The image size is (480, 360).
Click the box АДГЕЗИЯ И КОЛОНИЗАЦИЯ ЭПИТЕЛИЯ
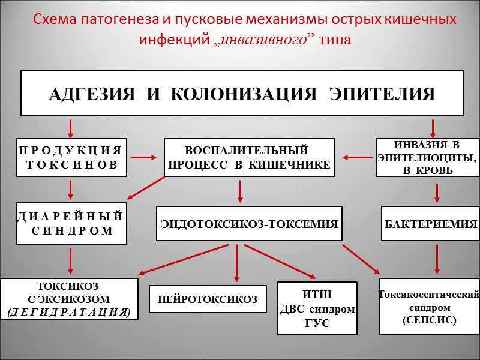pos(242,93)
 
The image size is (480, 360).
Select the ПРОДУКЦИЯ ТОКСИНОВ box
pos(71,157)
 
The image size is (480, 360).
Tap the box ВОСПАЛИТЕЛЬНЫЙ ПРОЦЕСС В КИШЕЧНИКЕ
pos(250,157)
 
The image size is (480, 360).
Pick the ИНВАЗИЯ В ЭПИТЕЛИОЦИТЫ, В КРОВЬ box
pos(427,157)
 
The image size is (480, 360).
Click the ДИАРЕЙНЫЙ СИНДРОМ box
pos(71,223)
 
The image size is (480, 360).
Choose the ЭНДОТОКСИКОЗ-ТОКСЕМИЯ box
pos(249,224)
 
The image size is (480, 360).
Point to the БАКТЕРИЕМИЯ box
pos(430,224)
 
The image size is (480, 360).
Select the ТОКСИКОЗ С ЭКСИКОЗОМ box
pos(68,299)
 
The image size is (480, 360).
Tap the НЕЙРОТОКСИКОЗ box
pos(208,299)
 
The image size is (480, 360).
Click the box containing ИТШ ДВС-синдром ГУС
pos(317,308)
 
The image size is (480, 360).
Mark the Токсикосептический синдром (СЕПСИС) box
pos(429,306)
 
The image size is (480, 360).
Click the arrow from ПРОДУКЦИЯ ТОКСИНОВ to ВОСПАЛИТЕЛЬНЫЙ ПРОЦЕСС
pos(145,158)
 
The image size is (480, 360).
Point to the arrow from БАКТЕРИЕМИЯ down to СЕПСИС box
pos(437,259)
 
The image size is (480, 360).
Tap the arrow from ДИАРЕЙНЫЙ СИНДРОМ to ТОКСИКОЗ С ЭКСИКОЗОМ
pos(71,260)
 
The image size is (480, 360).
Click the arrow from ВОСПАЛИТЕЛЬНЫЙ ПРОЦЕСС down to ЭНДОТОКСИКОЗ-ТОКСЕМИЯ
pos(241,191)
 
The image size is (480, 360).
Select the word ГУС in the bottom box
pos(317,325)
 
